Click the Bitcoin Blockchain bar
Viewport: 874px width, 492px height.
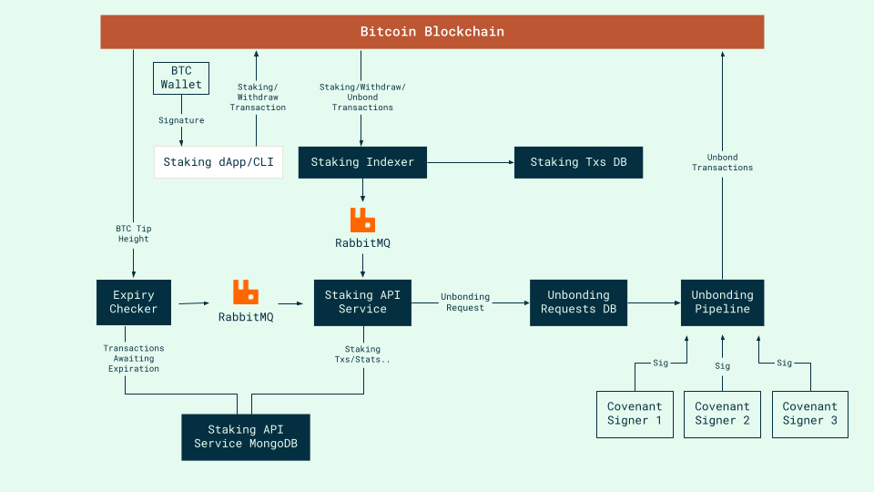click(432, 32)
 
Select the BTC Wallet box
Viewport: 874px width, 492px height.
click(181, 77)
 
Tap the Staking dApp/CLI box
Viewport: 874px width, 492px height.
click(218, 162)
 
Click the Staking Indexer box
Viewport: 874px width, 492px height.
click(362, 162)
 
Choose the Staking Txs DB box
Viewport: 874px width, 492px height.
click(578, 162)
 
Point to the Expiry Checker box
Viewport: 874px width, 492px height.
click(134, 302)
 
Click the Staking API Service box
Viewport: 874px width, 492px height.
click(362, 302)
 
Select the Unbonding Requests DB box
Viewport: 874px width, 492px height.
click(578, 302)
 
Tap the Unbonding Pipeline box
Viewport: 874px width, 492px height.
click(722, 302)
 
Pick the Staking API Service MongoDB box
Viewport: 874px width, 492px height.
click(245, 436)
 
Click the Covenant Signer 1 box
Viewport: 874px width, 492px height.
click(635, 414)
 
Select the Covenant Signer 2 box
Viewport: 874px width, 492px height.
click(722, 414)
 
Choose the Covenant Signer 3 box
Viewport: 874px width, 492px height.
click(809, 414)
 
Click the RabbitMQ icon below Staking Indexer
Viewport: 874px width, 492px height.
click(362, 220)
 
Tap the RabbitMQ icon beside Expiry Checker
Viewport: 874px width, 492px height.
click(245, 292)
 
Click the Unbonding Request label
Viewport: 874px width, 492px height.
click(464, 302)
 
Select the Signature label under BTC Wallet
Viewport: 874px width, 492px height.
click(181, 120)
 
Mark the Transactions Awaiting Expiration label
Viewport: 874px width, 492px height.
click(134, 358)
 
